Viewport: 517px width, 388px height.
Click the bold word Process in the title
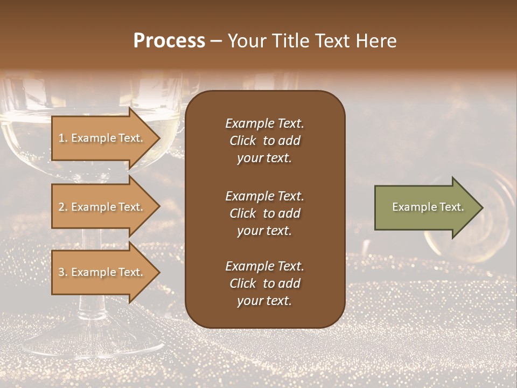coord(169,41)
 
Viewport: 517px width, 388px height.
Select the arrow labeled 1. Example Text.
coord(102,138)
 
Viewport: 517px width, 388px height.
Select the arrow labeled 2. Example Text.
coord(102,207)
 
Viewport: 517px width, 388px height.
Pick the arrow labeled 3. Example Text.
coord(102,272)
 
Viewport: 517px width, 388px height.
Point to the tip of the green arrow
coord(481,207)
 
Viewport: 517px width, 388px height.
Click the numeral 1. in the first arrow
coord(62,138)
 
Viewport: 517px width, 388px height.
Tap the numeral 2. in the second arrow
coord(62,207)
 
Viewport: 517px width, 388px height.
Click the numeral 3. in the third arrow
coord(62,272)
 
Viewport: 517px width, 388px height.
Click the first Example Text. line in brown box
coord(264,123)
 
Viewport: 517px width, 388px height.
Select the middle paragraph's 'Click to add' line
coord(264,213)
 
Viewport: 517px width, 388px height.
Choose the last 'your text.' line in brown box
coord(264,301)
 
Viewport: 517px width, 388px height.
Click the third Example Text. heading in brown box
coord(264,266)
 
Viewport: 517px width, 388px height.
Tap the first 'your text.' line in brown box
coord(264,158)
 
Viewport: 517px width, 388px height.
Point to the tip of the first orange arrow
coord(159,138)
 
